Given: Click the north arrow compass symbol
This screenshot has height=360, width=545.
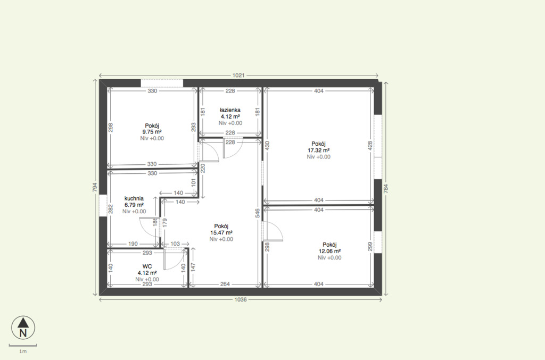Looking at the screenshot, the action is [23, 328].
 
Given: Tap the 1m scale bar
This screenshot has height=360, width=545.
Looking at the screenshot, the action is [23, 346].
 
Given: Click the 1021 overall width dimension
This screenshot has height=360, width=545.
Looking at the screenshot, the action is [238, 75].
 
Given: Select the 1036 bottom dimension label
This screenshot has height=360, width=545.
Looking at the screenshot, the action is [241, 299].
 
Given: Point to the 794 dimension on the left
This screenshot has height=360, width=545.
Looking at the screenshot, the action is [95, 188].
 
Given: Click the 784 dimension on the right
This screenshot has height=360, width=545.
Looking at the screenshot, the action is [385, 188].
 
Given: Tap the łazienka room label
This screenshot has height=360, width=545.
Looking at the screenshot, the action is [230, 110].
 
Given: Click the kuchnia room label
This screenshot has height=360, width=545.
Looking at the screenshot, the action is [134, 198].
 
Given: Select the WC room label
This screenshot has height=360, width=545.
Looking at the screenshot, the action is [147, 266].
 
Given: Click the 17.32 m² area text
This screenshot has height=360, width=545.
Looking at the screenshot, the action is [318, 150].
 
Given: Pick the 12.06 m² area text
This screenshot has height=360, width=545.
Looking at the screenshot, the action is [329, 252].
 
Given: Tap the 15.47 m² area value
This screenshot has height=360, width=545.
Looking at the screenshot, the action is [221, 233].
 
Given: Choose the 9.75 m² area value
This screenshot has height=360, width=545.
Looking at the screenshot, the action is [152, 132].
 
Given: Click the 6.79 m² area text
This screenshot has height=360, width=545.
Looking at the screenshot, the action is [134, 205].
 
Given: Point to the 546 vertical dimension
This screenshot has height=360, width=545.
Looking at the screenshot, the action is [258, 213].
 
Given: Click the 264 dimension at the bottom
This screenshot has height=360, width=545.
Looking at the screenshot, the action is [225, 284].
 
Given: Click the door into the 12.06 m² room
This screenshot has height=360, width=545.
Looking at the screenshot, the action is [273, 230].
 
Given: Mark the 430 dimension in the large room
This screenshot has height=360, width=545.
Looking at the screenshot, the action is [267, 145].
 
